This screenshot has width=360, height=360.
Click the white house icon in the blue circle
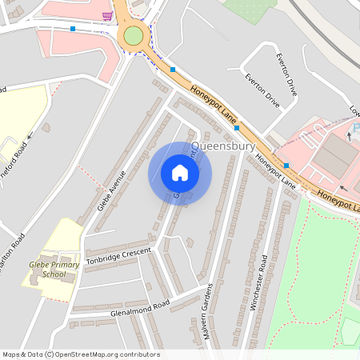point(180,173)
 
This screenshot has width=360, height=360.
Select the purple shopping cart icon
point(107,15)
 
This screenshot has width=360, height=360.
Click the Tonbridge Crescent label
point(118,253)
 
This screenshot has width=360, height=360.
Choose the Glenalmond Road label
point(141,307)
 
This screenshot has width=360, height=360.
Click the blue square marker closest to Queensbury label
point(236,128)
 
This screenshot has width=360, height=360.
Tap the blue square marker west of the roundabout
point(73,29)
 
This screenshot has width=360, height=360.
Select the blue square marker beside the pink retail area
point(286,166)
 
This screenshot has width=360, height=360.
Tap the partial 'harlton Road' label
point(15,253)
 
